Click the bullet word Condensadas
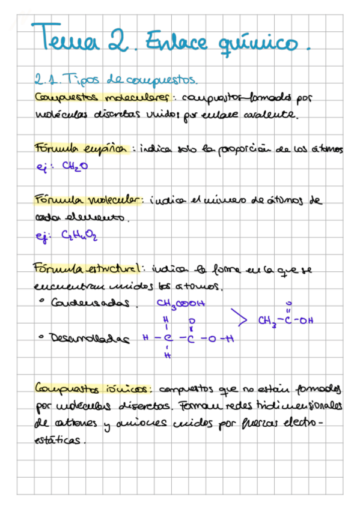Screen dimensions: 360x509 [x=91, y=304]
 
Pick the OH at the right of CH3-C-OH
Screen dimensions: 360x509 [x=306, y=320]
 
